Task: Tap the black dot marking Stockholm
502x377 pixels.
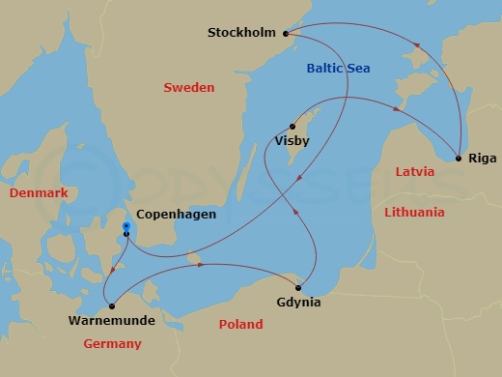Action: [x=287, y=34]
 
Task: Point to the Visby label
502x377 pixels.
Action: [x=293, y=140]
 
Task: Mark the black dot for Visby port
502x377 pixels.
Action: [x=292, y=125]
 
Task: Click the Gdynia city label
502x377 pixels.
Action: [x=298, y=303]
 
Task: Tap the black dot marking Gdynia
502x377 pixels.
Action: [x=299, y=287]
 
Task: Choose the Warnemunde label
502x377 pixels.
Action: [x=111, y=319]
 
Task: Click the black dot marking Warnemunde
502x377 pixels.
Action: [x=112, y=305]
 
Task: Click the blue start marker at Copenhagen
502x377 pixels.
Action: [x=125, y=228]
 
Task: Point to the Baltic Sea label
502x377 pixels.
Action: [x=338, y=69]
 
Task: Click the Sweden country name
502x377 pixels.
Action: [x=188, y=88]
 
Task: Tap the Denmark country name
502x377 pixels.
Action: [x=38, y=193]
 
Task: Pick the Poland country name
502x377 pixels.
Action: [x=239, y=325]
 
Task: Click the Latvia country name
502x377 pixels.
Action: [x=415, y=172]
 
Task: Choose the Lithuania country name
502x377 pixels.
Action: [x=414, y=212]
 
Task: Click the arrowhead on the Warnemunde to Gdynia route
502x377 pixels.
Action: [x=199, y=264]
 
